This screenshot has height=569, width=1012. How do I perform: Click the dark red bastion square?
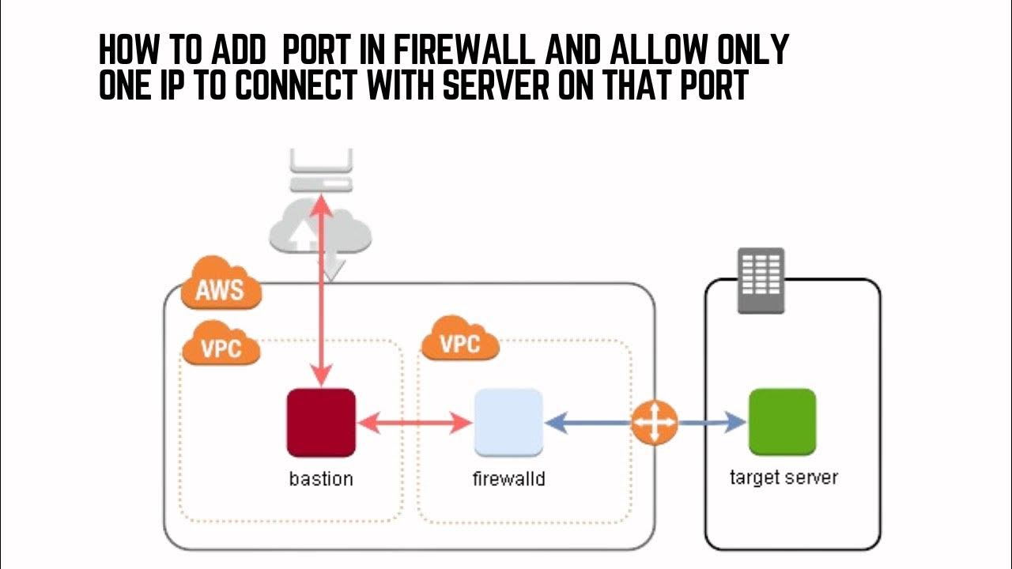click(x=321, y=423)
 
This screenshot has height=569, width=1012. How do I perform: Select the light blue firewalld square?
click(x=508, y=423)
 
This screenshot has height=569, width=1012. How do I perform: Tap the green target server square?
click(x=782, y=422)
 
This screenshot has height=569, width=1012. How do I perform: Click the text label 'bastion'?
click(x=321, y=479)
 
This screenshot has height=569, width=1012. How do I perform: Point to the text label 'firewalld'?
click(x=508, y=479)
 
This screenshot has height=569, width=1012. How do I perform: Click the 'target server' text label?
click(x=783, y=478)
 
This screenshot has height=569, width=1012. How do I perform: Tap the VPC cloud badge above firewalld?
click(x=459, y=343)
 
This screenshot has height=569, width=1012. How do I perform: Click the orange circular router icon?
click(x=655, y=423)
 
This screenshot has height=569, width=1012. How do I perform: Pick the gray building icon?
click(x=761, y=281)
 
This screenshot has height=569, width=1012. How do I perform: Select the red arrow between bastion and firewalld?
click(x=415, y=424)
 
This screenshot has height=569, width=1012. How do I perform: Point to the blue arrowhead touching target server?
click(x=734, y=423)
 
